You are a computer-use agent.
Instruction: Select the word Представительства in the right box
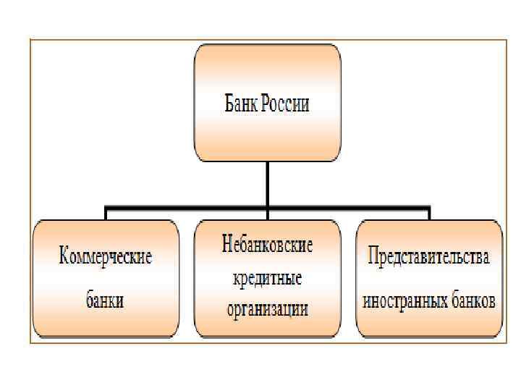click(x=429, y=257)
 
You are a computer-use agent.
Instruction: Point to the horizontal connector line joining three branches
click(x=188, y=206)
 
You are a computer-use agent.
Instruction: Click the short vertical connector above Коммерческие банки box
click(x=106, y=213)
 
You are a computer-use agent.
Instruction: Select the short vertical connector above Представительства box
click(x=429, y=213)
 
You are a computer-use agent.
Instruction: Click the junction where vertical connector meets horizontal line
click(x=268, y=206)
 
